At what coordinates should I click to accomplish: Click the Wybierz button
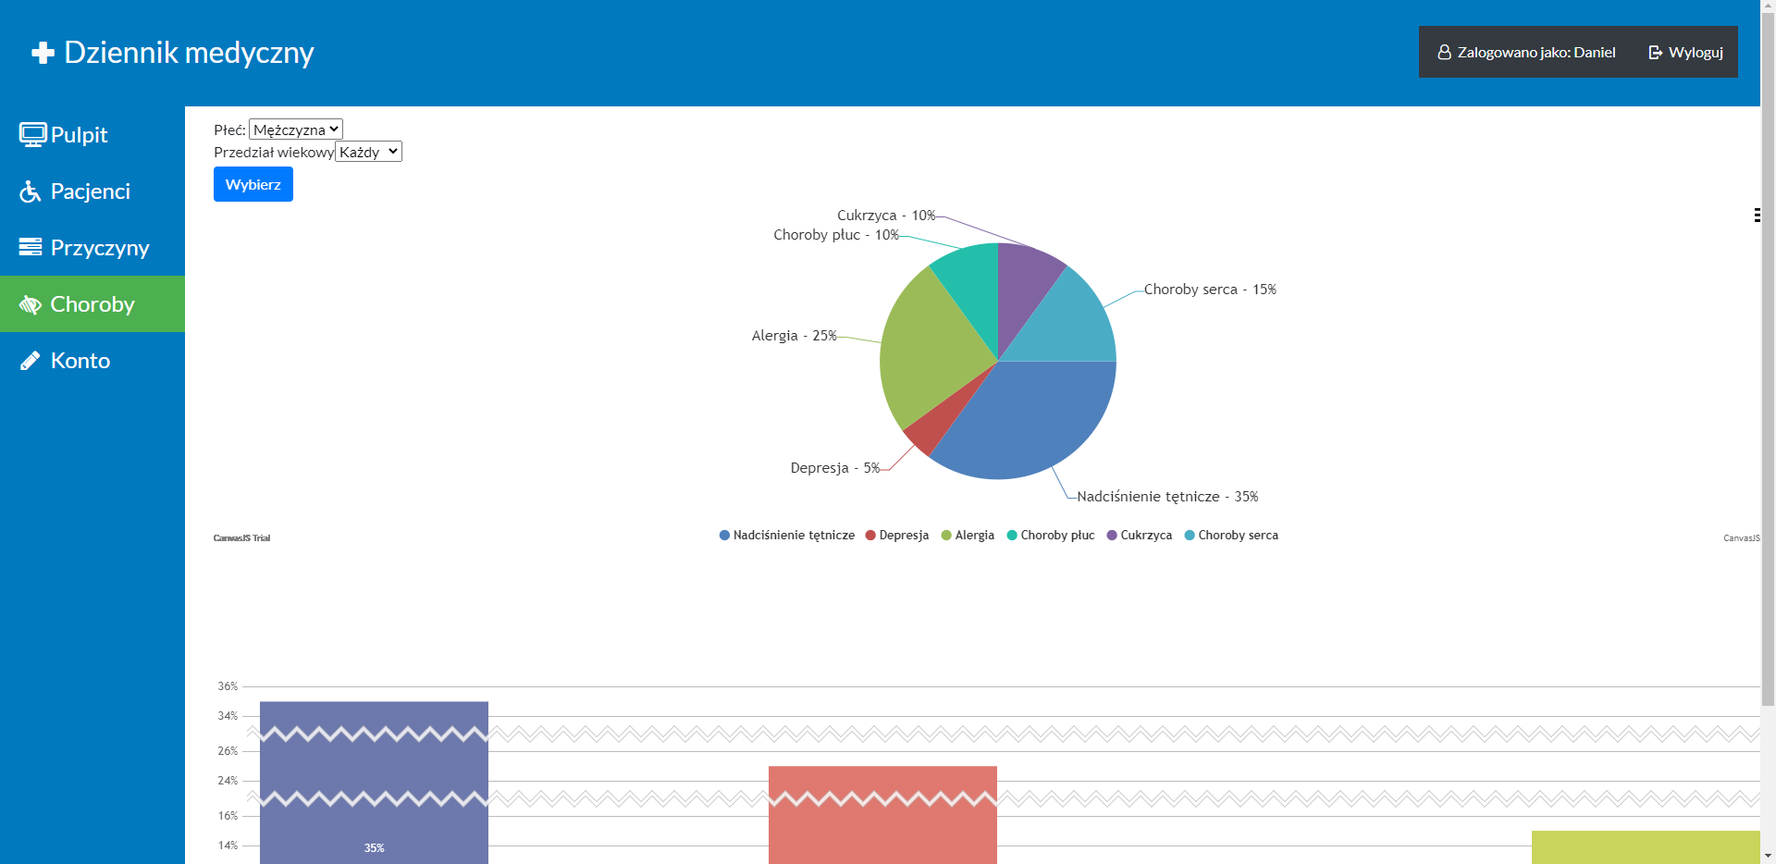(x=253, y=184)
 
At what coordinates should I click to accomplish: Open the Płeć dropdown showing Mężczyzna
(x=296, y=130)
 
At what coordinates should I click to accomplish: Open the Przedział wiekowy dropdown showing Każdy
(x=368, y=152)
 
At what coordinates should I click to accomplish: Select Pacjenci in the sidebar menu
(x=90, y=191)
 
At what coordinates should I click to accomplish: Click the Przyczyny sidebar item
(x=99, y=248)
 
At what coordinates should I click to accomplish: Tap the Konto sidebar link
(x=80, y=361)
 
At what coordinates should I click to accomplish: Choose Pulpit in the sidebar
(x=79, y=135)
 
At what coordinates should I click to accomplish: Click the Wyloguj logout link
(x=1685, y=53)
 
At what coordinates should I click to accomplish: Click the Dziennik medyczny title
(x=189, y=53)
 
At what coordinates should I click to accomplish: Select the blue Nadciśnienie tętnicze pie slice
(x=1027, y=416)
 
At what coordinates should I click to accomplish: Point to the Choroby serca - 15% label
(x=1209, y=290)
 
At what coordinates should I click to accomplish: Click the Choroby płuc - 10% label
(x=835, y=235)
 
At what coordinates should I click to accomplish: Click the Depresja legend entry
(x=903, y=536)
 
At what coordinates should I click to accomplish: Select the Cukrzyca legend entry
(x=1145, y=536)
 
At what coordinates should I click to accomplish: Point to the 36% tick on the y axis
(x=228, y=686)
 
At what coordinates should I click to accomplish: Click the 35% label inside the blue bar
(x=374, y=848)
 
